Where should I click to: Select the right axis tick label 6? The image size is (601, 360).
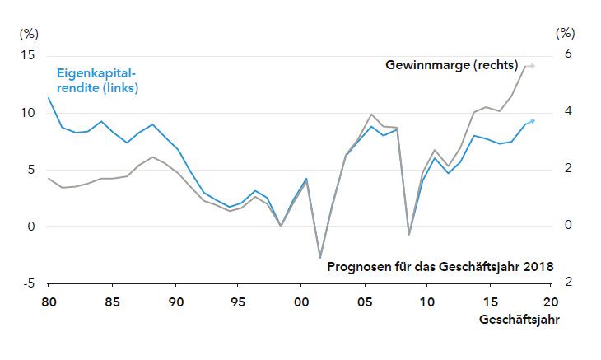[567, 55]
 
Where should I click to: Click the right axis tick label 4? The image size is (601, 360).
[567, 112]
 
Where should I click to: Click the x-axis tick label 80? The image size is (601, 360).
[49, 302]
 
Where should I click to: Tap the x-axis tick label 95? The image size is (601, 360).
[237, 302]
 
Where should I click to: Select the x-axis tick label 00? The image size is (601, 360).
[300, 302]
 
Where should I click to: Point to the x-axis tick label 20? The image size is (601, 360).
[551, 302]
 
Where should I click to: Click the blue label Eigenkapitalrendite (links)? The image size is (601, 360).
[97, 80]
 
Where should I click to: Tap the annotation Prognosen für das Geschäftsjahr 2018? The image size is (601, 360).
[440, 266]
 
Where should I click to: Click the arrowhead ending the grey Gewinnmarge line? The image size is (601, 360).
[533, 65]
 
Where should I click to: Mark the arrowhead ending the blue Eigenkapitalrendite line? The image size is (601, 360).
[533, 121]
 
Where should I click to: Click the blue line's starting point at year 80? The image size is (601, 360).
[49, 98]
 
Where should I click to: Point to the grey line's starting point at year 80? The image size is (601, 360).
[49, 178]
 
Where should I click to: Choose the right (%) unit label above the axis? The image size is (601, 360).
[565, 34]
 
